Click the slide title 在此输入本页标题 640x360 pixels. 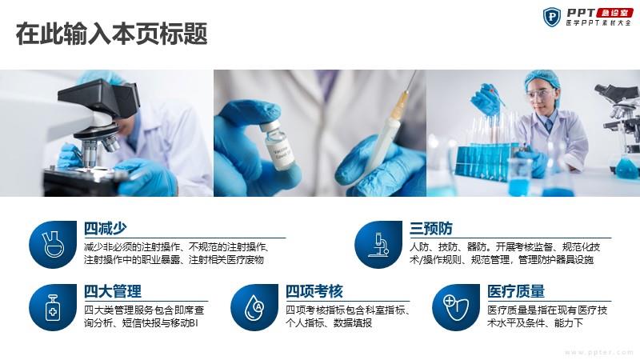click(111, 34)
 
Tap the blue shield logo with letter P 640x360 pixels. click(552, 17)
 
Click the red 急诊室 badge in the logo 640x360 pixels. click(614, 13)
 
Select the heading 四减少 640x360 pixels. click(106, 228)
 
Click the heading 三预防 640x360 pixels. click(431, 228)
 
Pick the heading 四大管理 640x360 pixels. click(113, 291)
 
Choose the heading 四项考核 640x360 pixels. click(314, 291)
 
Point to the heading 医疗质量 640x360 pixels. click(516, 291)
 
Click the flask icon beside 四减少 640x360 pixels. click(53, 244)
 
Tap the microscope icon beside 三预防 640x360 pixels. click(378, 245)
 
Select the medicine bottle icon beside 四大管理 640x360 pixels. click(53, 307)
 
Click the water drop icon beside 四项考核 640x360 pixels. click(254, 307)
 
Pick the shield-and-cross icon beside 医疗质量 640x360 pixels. click(456, 307)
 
